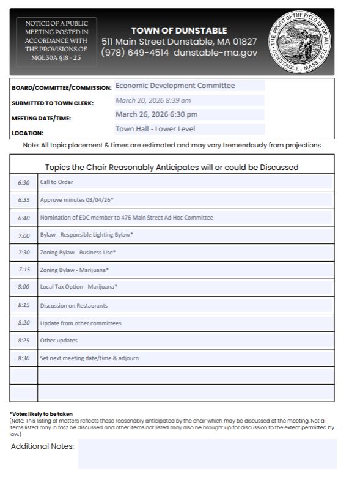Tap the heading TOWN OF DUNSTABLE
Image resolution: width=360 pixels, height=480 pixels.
pos(179,31)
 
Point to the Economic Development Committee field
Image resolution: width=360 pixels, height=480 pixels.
pos(175,86)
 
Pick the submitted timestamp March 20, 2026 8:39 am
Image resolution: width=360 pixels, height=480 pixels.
pos(153,100)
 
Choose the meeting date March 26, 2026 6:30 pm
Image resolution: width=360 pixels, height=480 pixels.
pos(156,114)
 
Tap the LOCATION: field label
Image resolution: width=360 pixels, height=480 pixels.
pos(28,132)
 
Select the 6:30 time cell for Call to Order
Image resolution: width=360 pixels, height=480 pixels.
pos(23,182)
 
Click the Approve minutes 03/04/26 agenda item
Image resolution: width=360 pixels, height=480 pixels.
pos(77,200)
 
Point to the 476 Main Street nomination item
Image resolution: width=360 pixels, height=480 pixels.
pos(127,218)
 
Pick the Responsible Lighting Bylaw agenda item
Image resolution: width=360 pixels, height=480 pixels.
pos(86,235)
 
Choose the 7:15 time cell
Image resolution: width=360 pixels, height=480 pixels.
pos(23,270)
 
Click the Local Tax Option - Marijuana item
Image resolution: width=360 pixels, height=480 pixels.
pos(78,287)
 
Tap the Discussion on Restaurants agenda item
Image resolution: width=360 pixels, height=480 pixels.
pos(73,305)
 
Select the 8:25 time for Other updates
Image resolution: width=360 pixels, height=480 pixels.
pos(23,341)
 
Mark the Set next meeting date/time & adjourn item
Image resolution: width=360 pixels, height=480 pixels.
pos(89,358)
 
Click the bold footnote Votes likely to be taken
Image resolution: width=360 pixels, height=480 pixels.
pos(41,414)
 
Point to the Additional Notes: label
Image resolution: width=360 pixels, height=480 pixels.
pos(42,446)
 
